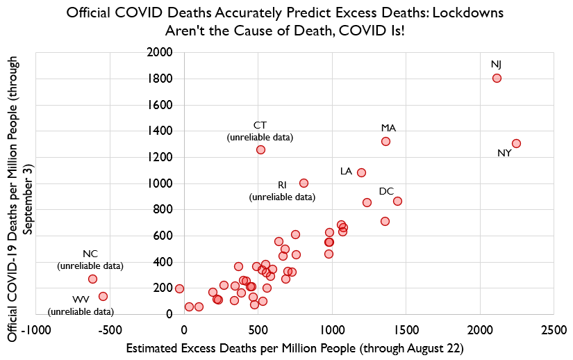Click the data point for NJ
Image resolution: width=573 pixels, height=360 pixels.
tap(497, 78)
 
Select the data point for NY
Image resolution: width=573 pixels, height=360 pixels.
tap(516, 143)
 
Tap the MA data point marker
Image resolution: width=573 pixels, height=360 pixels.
tap(385, 141)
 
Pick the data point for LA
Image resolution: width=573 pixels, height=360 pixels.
tap(361, 172)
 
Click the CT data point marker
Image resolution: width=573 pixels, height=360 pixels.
tap(260, 149)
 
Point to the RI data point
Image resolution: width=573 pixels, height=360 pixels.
tap(304, 183)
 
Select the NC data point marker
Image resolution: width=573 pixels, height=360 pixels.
tap(92, 279)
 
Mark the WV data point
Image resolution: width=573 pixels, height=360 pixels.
tap(103, 296)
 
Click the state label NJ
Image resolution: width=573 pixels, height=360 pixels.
tap(496, 64)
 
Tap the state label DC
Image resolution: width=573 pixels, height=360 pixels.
tap(386, 191)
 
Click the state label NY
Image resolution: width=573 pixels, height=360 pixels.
tap(504, 153)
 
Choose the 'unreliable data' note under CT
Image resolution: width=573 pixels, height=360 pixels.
tap(260, 138)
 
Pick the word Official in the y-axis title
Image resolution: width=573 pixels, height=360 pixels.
tap(13, 319)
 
